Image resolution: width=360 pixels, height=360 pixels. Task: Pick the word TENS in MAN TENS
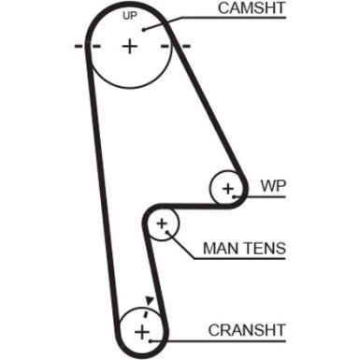pyautogui.click(x=263, y=250)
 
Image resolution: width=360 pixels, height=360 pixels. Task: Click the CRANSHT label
pyautogui.click(x=247, y=331)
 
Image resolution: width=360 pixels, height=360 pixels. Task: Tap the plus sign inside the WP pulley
pyautogui.click(x=227, y=189)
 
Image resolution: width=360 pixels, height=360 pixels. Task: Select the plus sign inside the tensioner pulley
pyautogui.click(x=163, y=224)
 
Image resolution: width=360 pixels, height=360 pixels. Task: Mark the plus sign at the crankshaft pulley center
pyautogui.click(x=142, y=332)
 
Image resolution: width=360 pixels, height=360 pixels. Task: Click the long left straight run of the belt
pyautogui.click(x=104, y=187)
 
